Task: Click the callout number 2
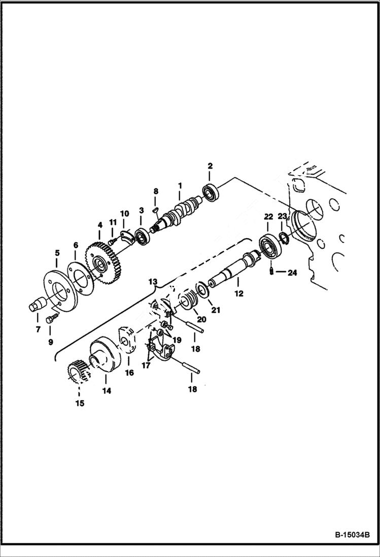(210, 166)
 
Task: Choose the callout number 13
(153, 281)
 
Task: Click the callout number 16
(129, 372)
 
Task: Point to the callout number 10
(124, 213)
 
